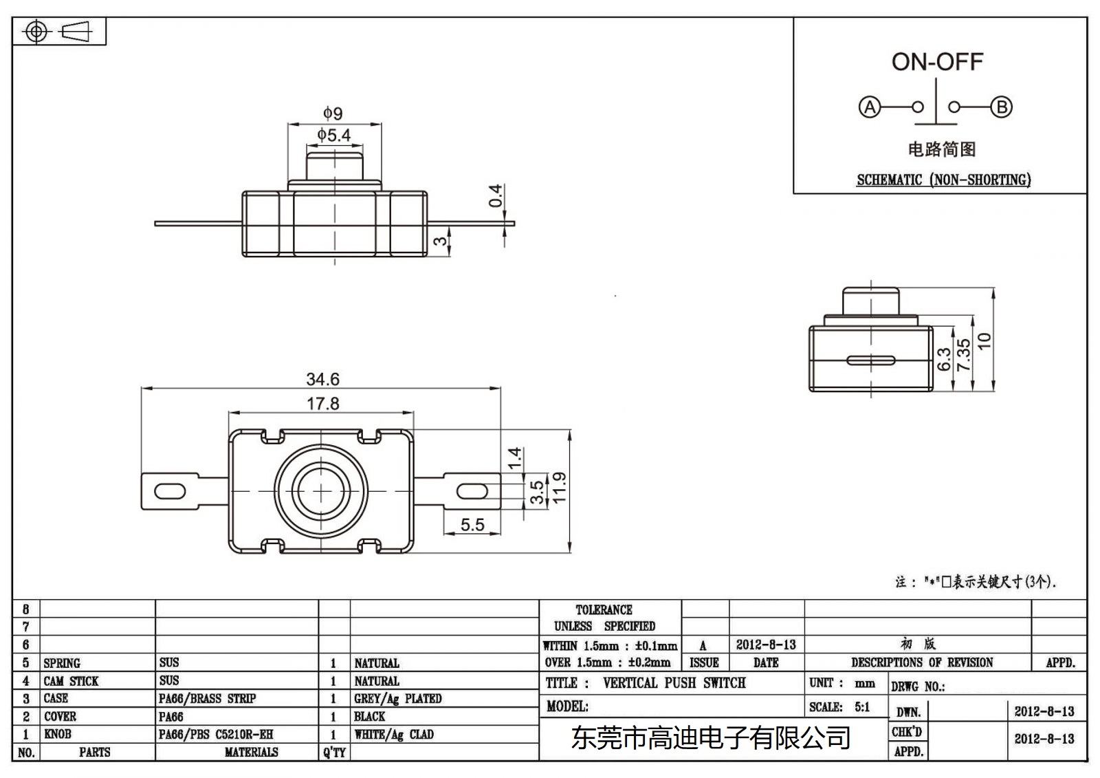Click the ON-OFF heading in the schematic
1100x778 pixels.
pos(937,62)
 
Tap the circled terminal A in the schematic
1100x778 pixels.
pos(870,107)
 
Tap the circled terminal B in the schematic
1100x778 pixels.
pos(1002,107)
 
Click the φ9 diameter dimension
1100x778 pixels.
pos(333,113)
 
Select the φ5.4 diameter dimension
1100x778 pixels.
pos(334,135)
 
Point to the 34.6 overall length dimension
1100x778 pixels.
pos(322,379)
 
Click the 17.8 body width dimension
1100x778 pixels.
pos(322,403)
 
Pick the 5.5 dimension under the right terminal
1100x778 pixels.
pos(472,525)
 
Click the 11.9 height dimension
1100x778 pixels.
pos(559,487)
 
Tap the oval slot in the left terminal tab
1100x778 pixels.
pos(170,491)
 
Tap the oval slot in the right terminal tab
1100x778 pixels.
pos(472,491)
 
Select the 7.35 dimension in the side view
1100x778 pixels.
pos(964,355)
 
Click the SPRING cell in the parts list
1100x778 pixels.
pos(62,663)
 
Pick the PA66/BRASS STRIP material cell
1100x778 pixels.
pos(207,698)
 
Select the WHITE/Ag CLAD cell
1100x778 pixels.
pos(394,734)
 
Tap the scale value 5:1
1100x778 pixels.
pos(862,706)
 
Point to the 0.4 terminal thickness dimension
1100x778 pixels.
pos(496,196)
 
